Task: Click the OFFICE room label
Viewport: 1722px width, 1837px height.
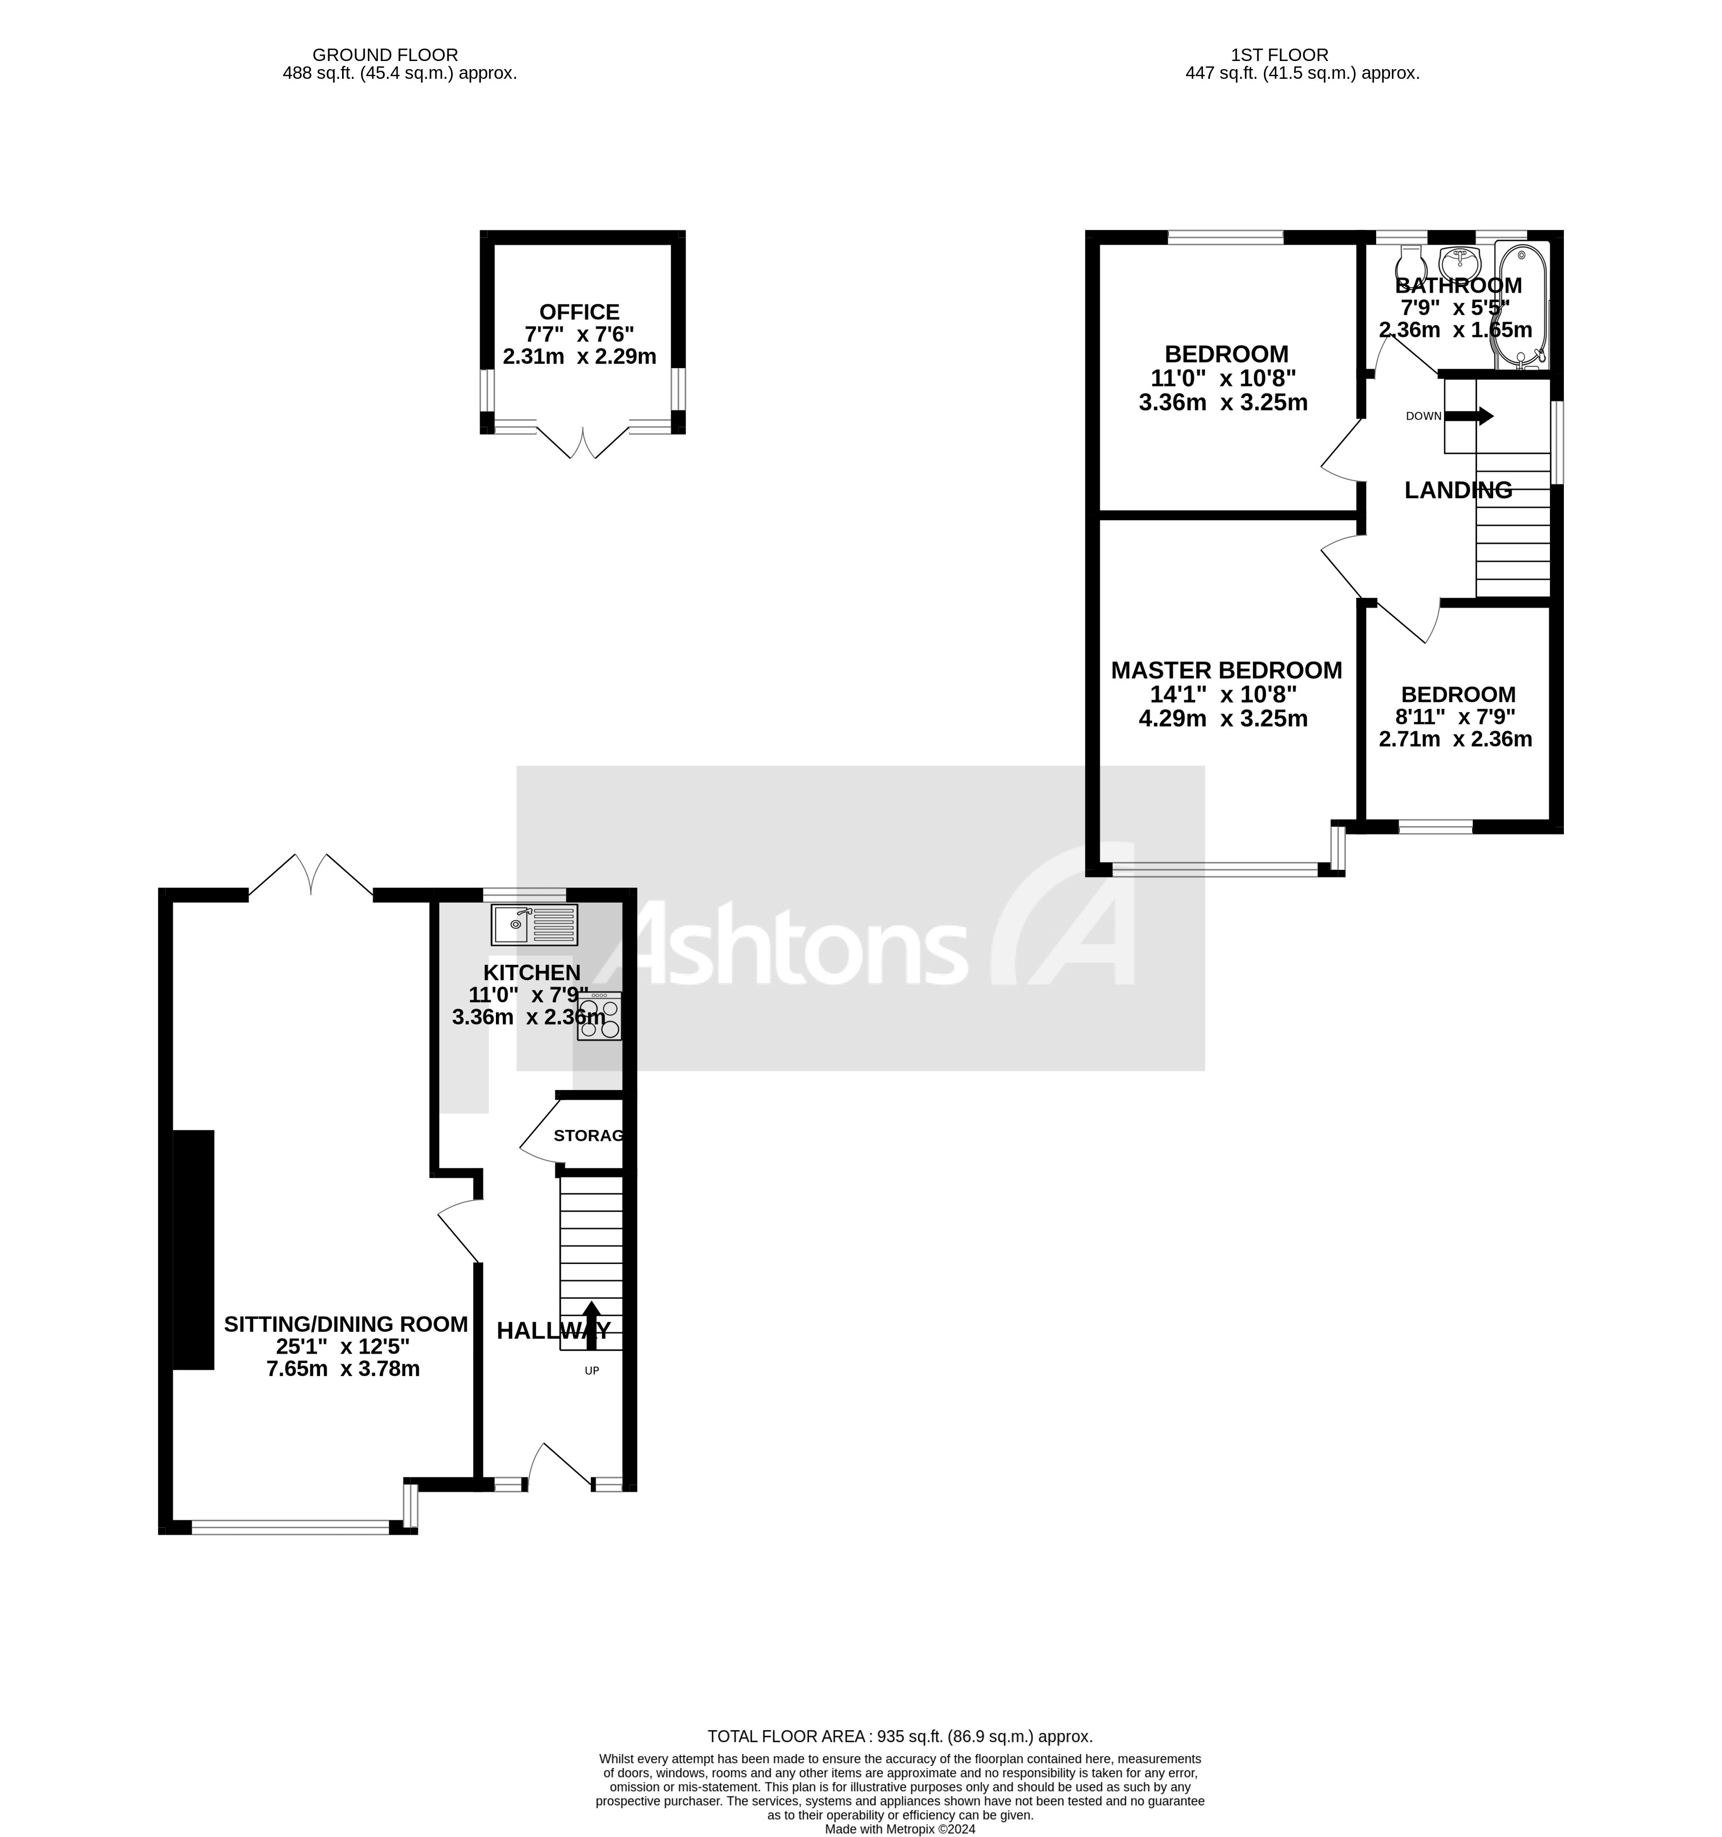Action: pyautogui.click(x=579, y=312)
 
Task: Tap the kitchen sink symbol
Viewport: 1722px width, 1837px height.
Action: pyautogui.click(x=534, y=924)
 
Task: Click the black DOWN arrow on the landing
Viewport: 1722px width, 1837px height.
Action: pyautogui.click(x=1469, y=416)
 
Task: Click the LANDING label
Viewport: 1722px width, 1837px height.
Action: pyautogui.click(x=1458, y=491)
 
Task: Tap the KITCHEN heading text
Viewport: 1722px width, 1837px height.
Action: pyautogui.click(x=532, y=972)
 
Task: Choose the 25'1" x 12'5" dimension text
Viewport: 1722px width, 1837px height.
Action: pyautogui.click(x=343, y=1346)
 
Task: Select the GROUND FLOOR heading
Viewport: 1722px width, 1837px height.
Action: pyautogui.click(x=384, y=56)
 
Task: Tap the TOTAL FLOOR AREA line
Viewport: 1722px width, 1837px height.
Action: pyautogui.click(x=900, y=1736)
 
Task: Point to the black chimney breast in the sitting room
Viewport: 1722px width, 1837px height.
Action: pyautogui.click(x=193, y=1249)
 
